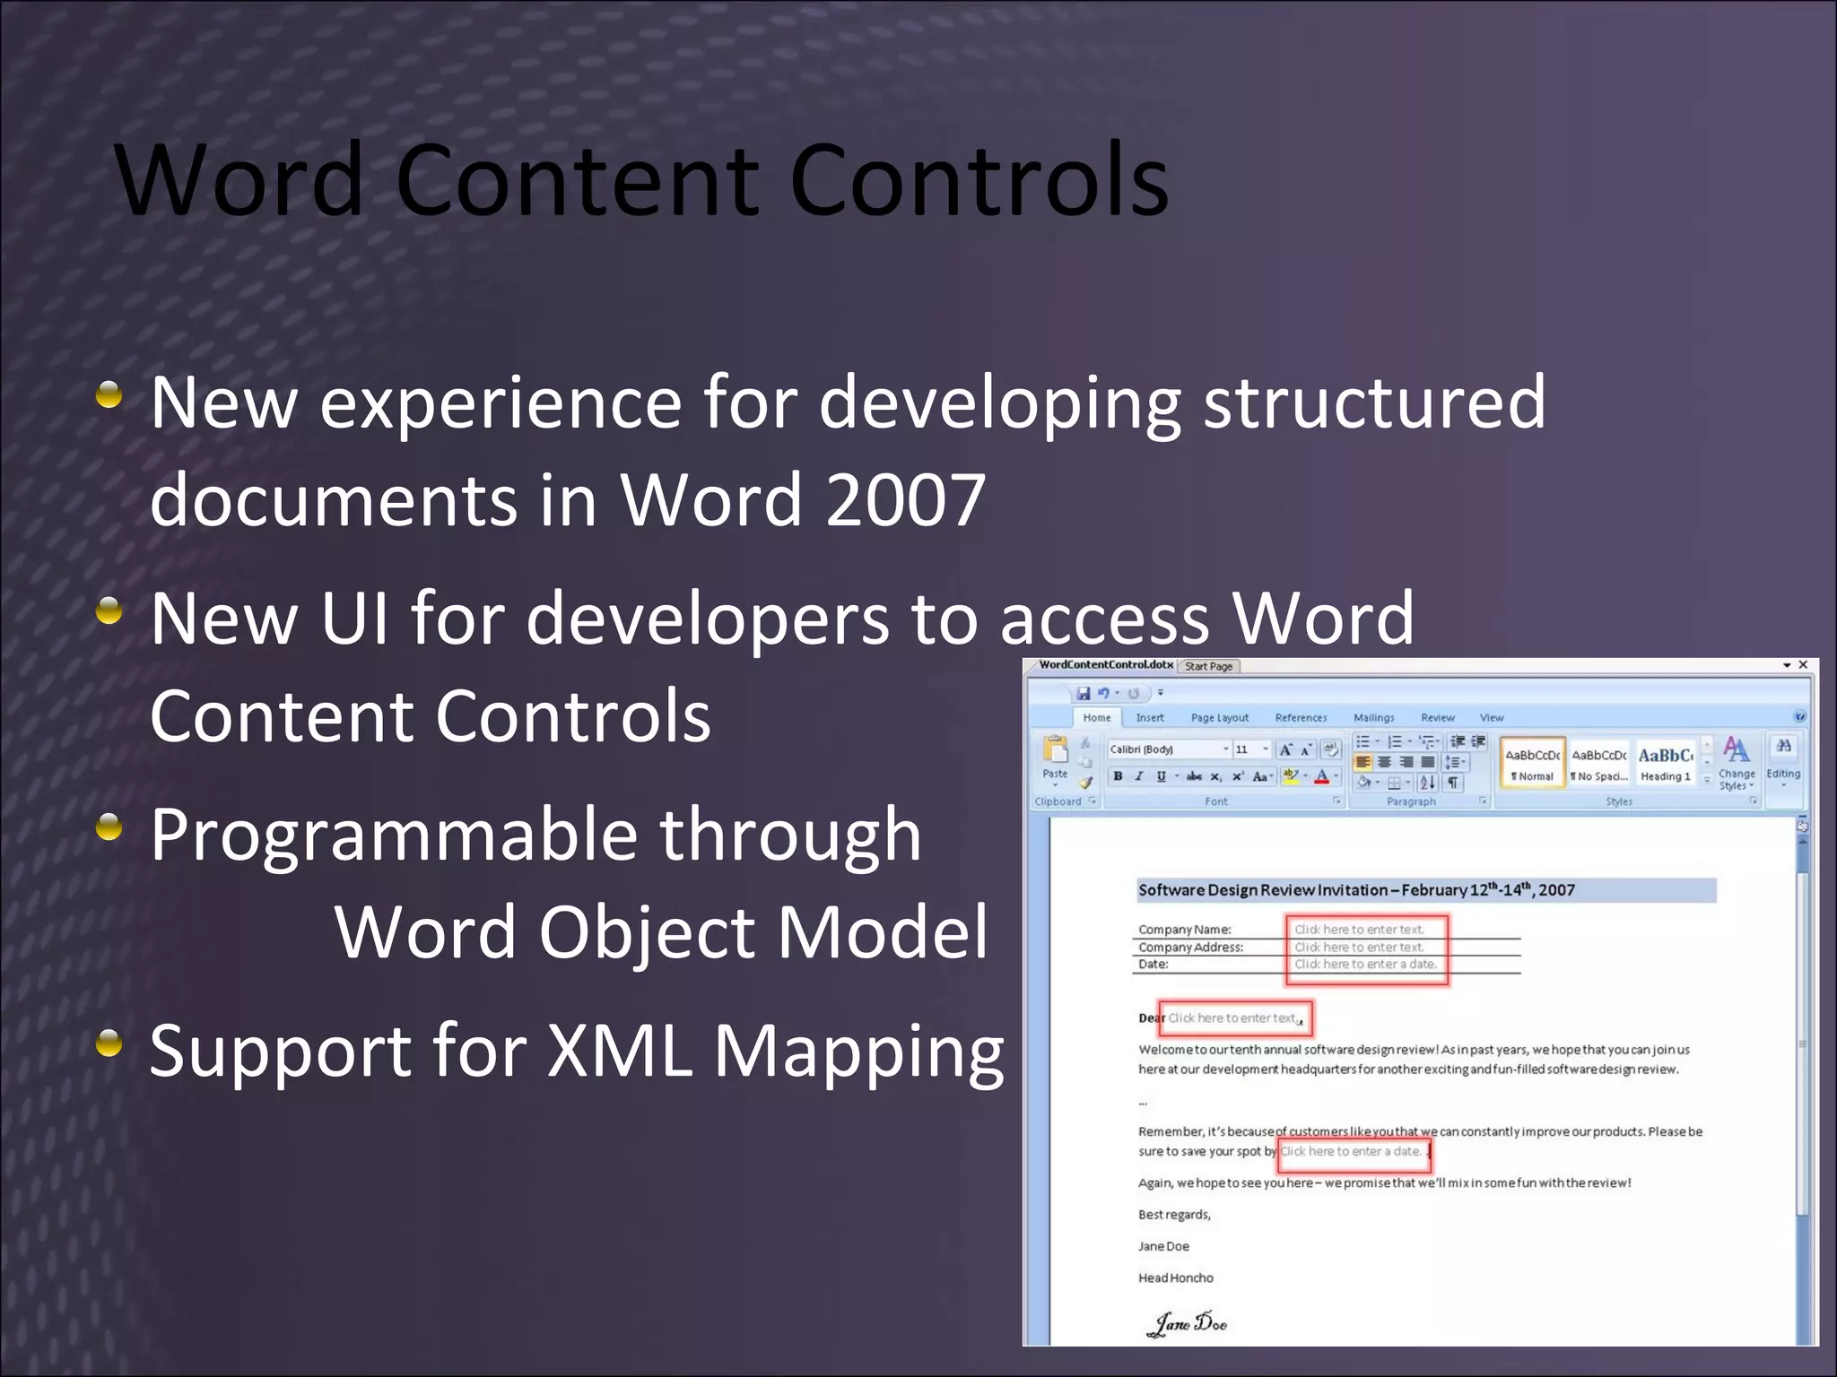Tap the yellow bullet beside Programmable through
(x=109, y=827)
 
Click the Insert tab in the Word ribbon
(x=1149, y=717)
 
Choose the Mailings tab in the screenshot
(x=1373, y=717)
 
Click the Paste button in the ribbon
(x=1055, y=757)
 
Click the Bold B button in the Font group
(x=1118, y=776)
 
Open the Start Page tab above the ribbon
(x=1208, y=666)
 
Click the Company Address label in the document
(x=1190, y=947)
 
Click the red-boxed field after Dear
(x=1234, y=1018)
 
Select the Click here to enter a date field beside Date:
(x=1364, y=964)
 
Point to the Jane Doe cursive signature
(x=1189, y=1322)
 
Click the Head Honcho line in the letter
(x=1175, y=1277)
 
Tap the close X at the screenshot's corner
(x=1803, y=664)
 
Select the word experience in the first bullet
(x=501, y=403)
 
